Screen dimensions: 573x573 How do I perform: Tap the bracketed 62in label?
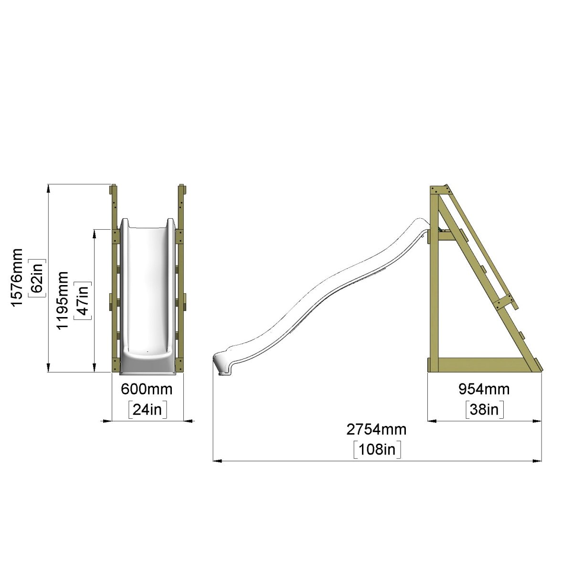37,278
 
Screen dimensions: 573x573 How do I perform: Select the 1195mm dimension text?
63,300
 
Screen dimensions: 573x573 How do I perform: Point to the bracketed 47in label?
82,300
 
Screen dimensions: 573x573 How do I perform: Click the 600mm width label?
147,389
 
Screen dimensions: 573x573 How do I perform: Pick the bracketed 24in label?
147,410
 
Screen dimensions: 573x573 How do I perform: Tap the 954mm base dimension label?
484,389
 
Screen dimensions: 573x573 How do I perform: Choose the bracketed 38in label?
484,410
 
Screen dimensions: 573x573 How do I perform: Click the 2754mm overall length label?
376,430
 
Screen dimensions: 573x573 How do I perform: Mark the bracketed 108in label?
377,450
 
